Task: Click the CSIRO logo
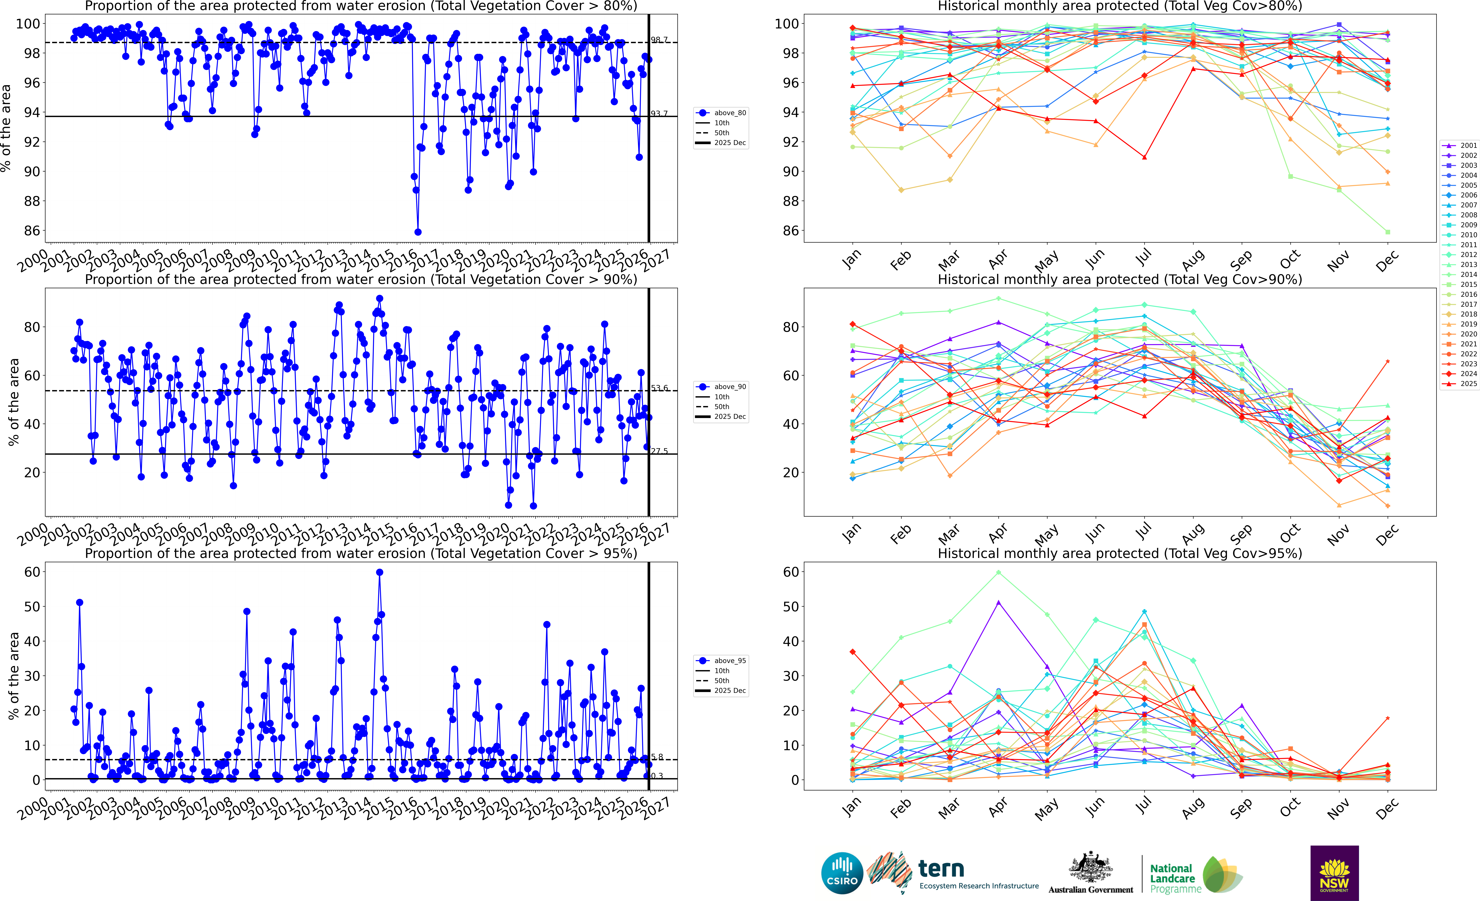(842, 873)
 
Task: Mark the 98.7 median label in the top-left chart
(659, 40)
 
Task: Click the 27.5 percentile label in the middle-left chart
(659, 451)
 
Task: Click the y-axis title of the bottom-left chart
(13, 676)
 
